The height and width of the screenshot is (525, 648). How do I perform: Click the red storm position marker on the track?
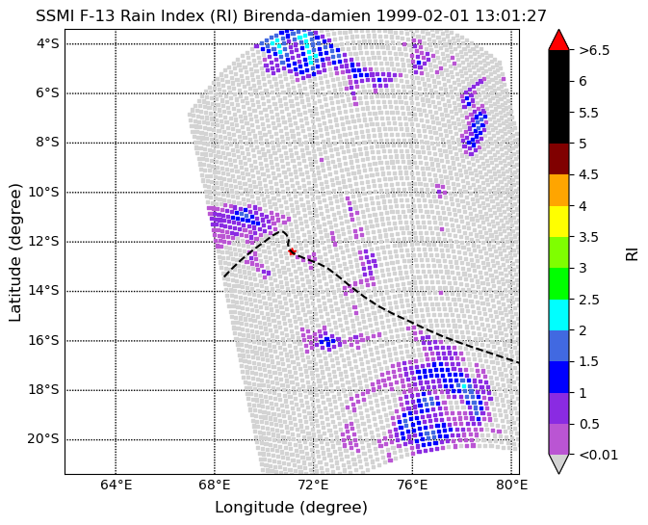tap(292, 251)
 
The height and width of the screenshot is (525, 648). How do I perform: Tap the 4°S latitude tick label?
tap(49, 43)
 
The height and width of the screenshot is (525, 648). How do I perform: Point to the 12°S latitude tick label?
tap(43, 242)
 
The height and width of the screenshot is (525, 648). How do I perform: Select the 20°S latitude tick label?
tap(43, 439)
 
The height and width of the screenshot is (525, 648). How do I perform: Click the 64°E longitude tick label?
tap(117, 485)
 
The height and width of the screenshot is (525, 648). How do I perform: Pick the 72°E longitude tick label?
tap(314, 485)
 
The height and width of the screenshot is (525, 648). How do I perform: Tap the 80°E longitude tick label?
tap(511, 485)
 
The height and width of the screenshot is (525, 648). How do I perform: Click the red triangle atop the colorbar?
tap(558, 40)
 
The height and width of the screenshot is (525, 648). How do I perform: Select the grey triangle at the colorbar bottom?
tap(558, 463)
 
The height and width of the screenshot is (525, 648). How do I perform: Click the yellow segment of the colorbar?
tap(558, 222)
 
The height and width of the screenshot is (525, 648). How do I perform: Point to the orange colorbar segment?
tap(558, 190)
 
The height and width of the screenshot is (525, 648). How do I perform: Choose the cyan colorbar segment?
tap(558, 315)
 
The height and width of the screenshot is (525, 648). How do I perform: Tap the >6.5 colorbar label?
tap(594, 50)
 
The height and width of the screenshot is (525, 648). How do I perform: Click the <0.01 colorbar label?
tap(598, 455)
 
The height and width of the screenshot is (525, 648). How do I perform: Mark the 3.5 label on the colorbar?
tap(589, 237)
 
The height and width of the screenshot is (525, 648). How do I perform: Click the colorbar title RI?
tap(632, 252)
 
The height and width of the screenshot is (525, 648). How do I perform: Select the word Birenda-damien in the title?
tap(307, 16)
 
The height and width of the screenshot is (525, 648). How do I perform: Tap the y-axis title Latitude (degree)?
tap(14, 252)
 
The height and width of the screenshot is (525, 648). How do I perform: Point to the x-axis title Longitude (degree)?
tap(291, 508)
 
